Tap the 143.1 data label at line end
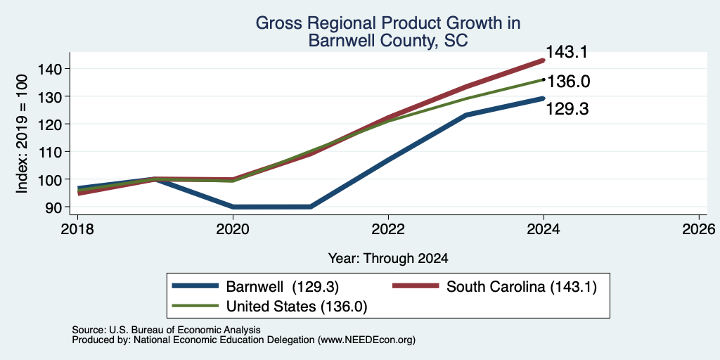point(567,52)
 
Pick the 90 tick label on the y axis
point(54,207)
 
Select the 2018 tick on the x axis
point(77,229)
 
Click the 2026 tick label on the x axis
point(699,229)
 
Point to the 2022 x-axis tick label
point(388,229)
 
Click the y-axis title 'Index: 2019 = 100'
point(22,134)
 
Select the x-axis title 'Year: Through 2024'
point(388,259)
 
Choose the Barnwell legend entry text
point(283,287)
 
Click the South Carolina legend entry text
point(522,287)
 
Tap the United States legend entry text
point(297,307)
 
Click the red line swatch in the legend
point(416,286)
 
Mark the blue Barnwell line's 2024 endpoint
point(544,98)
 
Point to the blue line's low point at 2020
point(233,207)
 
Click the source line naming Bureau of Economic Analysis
point(166,330)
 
